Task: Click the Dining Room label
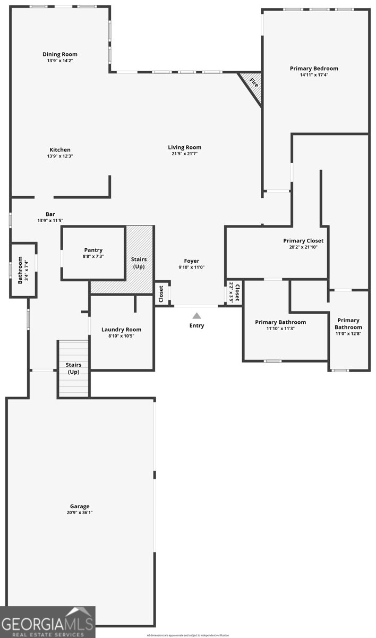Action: [x=60, y=54]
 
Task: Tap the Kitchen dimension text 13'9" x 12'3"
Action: [x=60, y=156]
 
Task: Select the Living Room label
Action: [x=185, y=147]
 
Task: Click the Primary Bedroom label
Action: [x=314, y=69]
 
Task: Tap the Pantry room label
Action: [x=93, y=250]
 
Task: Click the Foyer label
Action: [x=192, y=261]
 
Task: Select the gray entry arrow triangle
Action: [x=196, y=316]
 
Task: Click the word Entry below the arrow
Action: [x=196, y=325]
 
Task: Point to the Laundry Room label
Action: [x=122, y=330]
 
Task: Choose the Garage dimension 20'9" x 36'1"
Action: [x=80, y=513]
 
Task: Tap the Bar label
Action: [x=50, y=214]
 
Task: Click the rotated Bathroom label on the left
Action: [x=20, y=270]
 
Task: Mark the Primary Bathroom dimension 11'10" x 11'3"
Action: [x=280, y=329]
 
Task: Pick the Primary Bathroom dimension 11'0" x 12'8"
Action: [x=348, y=334]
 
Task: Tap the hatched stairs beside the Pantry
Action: [x=139, y=261]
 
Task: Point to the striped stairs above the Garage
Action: [x=73, y=368]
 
